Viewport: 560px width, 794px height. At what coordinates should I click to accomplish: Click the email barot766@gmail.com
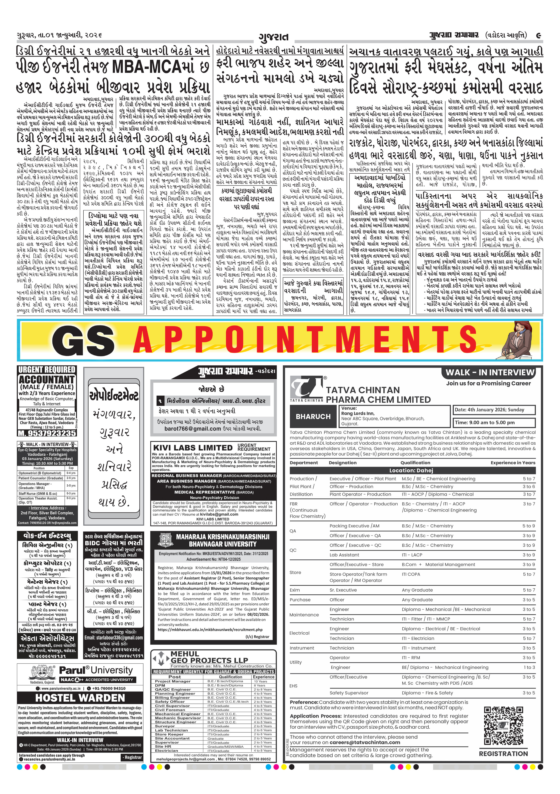click(x=192, y=429)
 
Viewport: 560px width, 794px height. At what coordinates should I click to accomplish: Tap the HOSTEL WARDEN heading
click(x=80, y=697)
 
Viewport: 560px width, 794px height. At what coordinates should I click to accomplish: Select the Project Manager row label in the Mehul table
click(x=172, y=681)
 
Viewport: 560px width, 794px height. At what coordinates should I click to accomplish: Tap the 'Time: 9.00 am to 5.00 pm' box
click(x=494, y=422)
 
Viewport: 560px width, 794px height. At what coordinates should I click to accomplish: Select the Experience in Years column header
click(x=513, y=463)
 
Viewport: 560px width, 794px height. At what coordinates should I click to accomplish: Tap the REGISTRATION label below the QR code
click(x=503, y=753)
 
